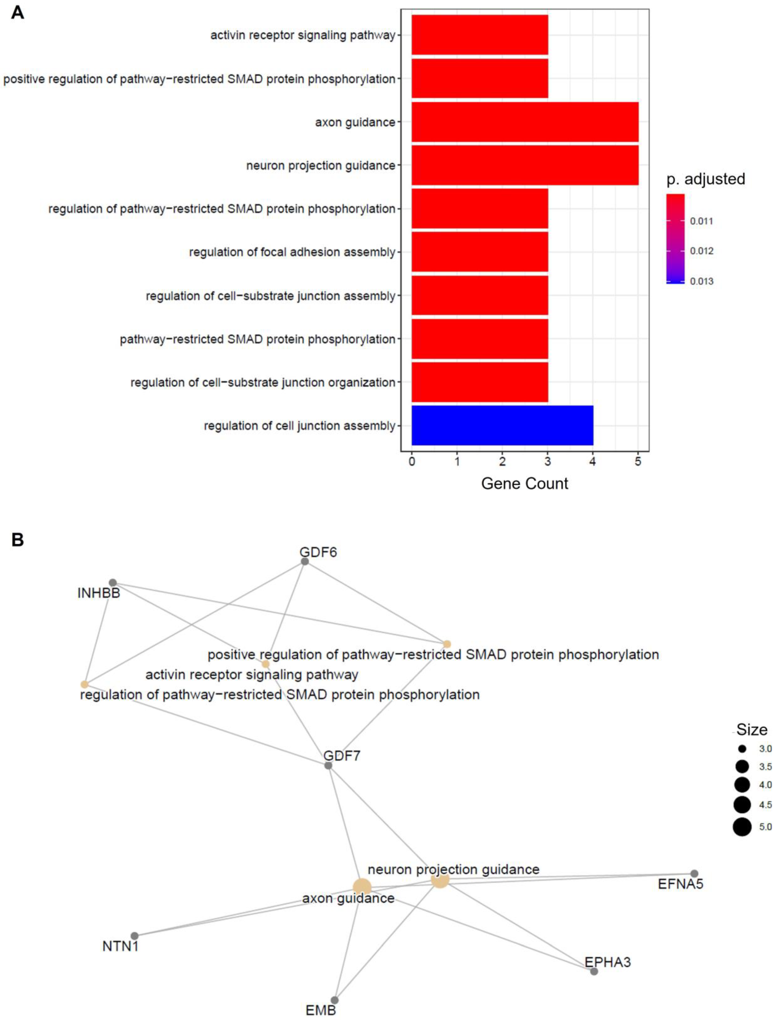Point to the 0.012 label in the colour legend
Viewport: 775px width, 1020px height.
point(701,251)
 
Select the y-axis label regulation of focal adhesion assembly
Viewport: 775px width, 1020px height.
point(292,252)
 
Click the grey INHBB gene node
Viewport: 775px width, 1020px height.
point(113,582)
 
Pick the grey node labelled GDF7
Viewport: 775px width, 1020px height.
point(328,766)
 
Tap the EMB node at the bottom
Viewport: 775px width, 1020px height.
point(334,1000)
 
